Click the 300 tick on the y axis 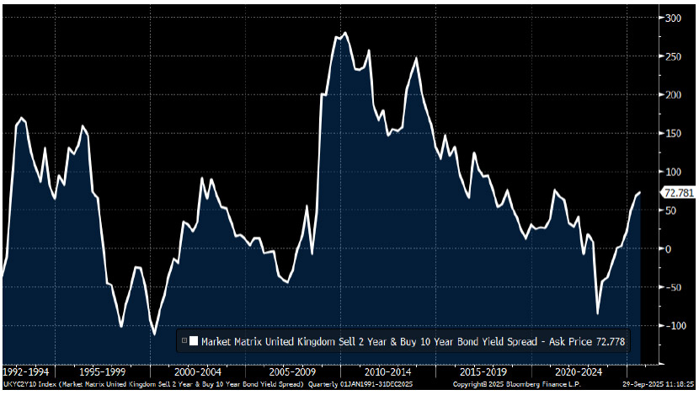[x=673, y=18]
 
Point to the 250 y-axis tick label [x=673, y=56]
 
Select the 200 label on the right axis [x=673, y=94]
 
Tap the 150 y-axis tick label [x=673, y=133]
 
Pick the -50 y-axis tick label [x=673, y=287]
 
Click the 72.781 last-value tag [x=679, y=193]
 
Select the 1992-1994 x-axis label [x=26, y=371]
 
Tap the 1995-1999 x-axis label [x=103, y=371]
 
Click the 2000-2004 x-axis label [x=199, y=371]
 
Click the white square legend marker [x=194, y=341]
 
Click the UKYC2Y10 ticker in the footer [x=19, y=385]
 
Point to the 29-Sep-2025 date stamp [x=639, y=385]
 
